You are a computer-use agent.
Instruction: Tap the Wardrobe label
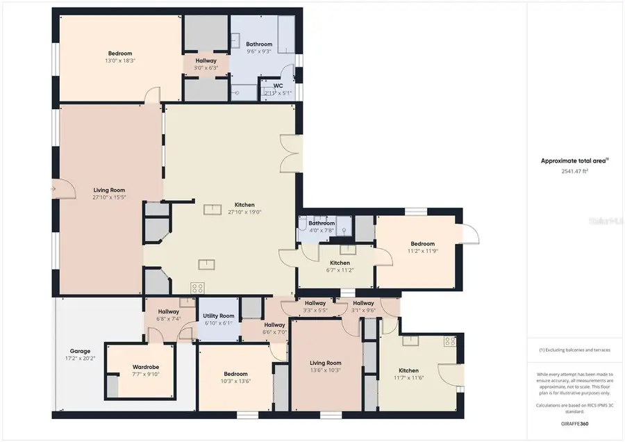146,367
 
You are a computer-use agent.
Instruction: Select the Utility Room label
219,316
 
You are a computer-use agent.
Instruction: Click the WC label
278,86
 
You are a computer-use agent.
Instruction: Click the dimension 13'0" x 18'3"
119,61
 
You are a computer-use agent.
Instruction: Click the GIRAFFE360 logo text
574,423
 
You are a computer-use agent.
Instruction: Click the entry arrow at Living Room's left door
53,188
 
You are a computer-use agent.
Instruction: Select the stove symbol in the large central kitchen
198,287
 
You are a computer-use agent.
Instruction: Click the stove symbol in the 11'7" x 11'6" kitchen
449,341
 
